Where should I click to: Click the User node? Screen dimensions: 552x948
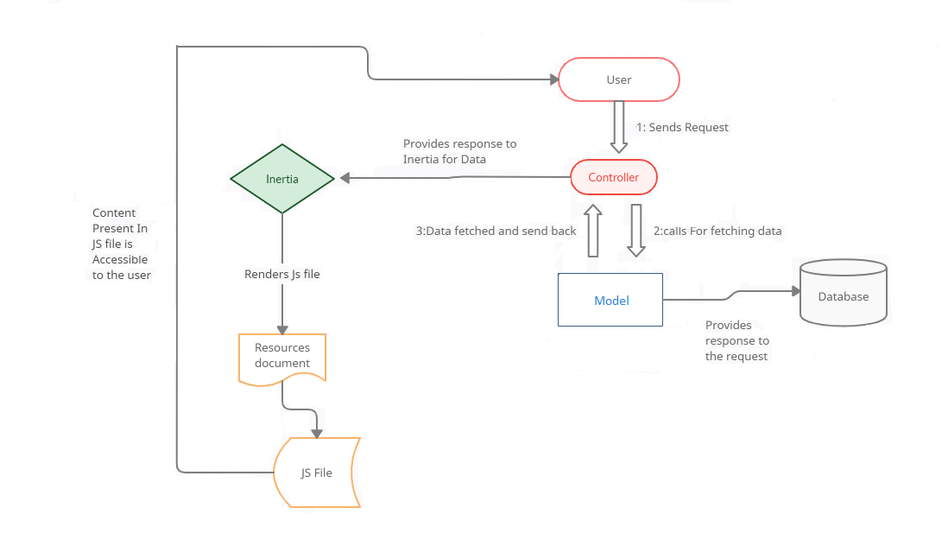point(619,79)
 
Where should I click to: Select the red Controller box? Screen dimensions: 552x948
point(614,177)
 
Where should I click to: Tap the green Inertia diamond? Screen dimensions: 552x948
point(282,179)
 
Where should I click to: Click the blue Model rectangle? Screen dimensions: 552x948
point(610,300)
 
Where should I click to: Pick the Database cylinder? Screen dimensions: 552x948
point(843,294)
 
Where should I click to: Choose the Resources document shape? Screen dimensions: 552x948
point(282,356)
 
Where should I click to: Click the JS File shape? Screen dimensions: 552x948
point(317,472)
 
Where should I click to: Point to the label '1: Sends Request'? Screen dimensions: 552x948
point(682,127)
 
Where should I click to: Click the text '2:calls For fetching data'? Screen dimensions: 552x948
point(717,231)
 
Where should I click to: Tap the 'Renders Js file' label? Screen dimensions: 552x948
point(282,274)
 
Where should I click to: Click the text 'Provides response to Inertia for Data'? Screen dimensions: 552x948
point(459,151)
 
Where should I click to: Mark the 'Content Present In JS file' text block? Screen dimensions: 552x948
point(121,244)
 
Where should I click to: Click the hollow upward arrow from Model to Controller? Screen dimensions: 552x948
point(593,231)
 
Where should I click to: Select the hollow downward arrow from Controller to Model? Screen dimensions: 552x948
point(636,231)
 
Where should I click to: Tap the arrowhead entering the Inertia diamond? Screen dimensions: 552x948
point(344,179)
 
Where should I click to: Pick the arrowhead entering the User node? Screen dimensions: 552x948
point(553,79)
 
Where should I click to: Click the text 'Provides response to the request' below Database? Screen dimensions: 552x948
point(736,340)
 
